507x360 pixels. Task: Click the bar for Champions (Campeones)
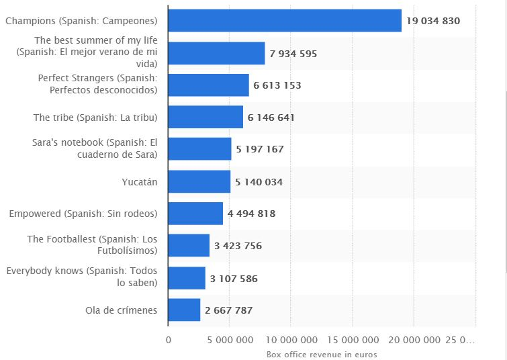(285, 21)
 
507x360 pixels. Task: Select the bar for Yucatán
(199, 182)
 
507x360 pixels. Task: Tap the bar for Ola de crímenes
(184, 310)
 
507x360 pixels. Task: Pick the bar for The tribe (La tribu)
(205, 118)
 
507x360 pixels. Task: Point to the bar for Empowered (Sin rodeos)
(195, 214)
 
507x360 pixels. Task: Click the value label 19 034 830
(433, 21)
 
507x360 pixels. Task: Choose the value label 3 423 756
(238, 246)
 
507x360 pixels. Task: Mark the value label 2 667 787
(229, 310)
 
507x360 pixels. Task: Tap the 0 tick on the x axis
(169, 340)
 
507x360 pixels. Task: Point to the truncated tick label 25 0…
(461, 340)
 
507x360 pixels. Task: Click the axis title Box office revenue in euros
(322, 354)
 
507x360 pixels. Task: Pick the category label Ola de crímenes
(121, 310)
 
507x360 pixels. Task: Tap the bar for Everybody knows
(187, 278)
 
